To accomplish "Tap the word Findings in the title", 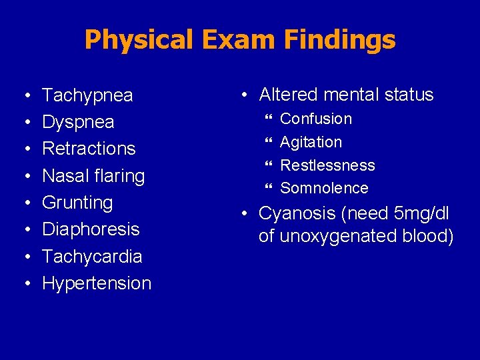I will point(339,40).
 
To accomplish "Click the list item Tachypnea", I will point(87,95).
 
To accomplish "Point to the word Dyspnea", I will point(78,122).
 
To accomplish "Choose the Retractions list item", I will point(89,149).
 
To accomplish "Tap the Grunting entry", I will point(77,203).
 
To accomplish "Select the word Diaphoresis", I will point(91,229).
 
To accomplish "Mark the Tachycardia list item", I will point(92,256).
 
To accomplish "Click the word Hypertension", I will point(97,283).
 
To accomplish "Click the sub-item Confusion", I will point(316,119).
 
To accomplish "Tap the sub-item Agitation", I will point(311,142).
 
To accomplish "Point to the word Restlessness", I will point(327,165).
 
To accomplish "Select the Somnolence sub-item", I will point(324,188).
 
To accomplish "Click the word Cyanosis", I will point(295,214).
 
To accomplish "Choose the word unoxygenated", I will point(335,236).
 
